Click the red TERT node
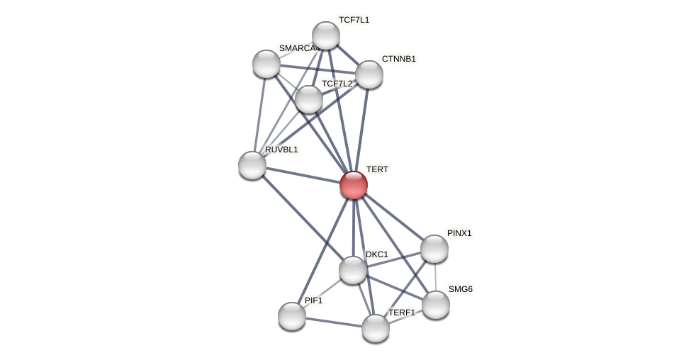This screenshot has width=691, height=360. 354,185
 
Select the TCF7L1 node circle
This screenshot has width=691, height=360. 326,35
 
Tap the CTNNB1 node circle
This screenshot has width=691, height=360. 369,74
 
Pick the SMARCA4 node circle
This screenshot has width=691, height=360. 266,64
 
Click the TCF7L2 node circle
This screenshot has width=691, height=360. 309,99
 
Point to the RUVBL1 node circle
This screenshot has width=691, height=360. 252,165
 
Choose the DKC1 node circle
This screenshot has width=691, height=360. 353,270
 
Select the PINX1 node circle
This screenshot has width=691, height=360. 434,249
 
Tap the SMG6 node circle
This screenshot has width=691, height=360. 436,305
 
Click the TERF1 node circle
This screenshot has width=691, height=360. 376,328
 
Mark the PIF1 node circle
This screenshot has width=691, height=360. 292,316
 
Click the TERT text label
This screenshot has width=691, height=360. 377,169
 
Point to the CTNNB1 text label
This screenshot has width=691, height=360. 398,59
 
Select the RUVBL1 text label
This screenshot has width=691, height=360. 281,150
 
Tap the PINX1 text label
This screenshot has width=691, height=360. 459,233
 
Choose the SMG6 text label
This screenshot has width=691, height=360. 460,289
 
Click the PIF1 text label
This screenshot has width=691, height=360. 313,300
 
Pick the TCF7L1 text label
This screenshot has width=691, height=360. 354,20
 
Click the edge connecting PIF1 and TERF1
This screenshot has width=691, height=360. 334,322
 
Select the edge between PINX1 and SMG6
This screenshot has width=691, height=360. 435,277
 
